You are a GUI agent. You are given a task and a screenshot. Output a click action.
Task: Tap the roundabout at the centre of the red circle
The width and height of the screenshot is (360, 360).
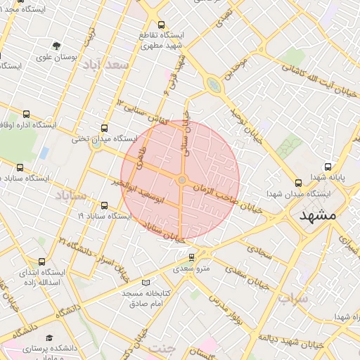182,181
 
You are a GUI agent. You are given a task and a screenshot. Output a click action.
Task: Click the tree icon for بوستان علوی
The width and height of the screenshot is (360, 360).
56,46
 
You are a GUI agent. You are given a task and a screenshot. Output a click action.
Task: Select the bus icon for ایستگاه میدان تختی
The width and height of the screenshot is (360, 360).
105,128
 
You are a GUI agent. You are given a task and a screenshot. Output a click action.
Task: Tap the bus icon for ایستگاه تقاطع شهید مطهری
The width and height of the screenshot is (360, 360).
161,25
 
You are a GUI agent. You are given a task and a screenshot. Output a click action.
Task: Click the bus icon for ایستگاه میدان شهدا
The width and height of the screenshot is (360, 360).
300,181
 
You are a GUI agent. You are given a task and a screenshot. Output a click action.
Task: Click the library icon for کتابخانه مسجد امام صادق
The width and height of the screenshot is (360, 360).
146,282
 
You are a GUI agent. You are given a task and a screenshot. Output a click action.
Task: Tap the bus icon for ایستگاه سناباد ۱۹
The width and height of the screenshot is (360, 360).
105,205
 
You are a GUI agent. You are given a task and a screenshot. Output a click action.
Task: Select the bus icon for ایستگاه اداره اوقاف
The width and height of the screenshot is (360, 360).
26,114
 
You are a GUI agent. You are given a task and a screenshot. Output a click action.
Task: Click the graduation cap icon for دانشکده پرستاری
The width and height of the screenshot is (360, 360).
49,337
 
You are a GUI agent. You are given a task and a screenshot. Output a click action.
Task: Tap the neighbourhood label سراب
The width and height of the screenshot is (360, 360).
292,298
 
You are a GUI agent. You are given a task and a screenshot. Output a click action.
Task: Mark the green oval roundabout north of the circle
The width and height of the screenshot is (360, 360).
212,85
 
